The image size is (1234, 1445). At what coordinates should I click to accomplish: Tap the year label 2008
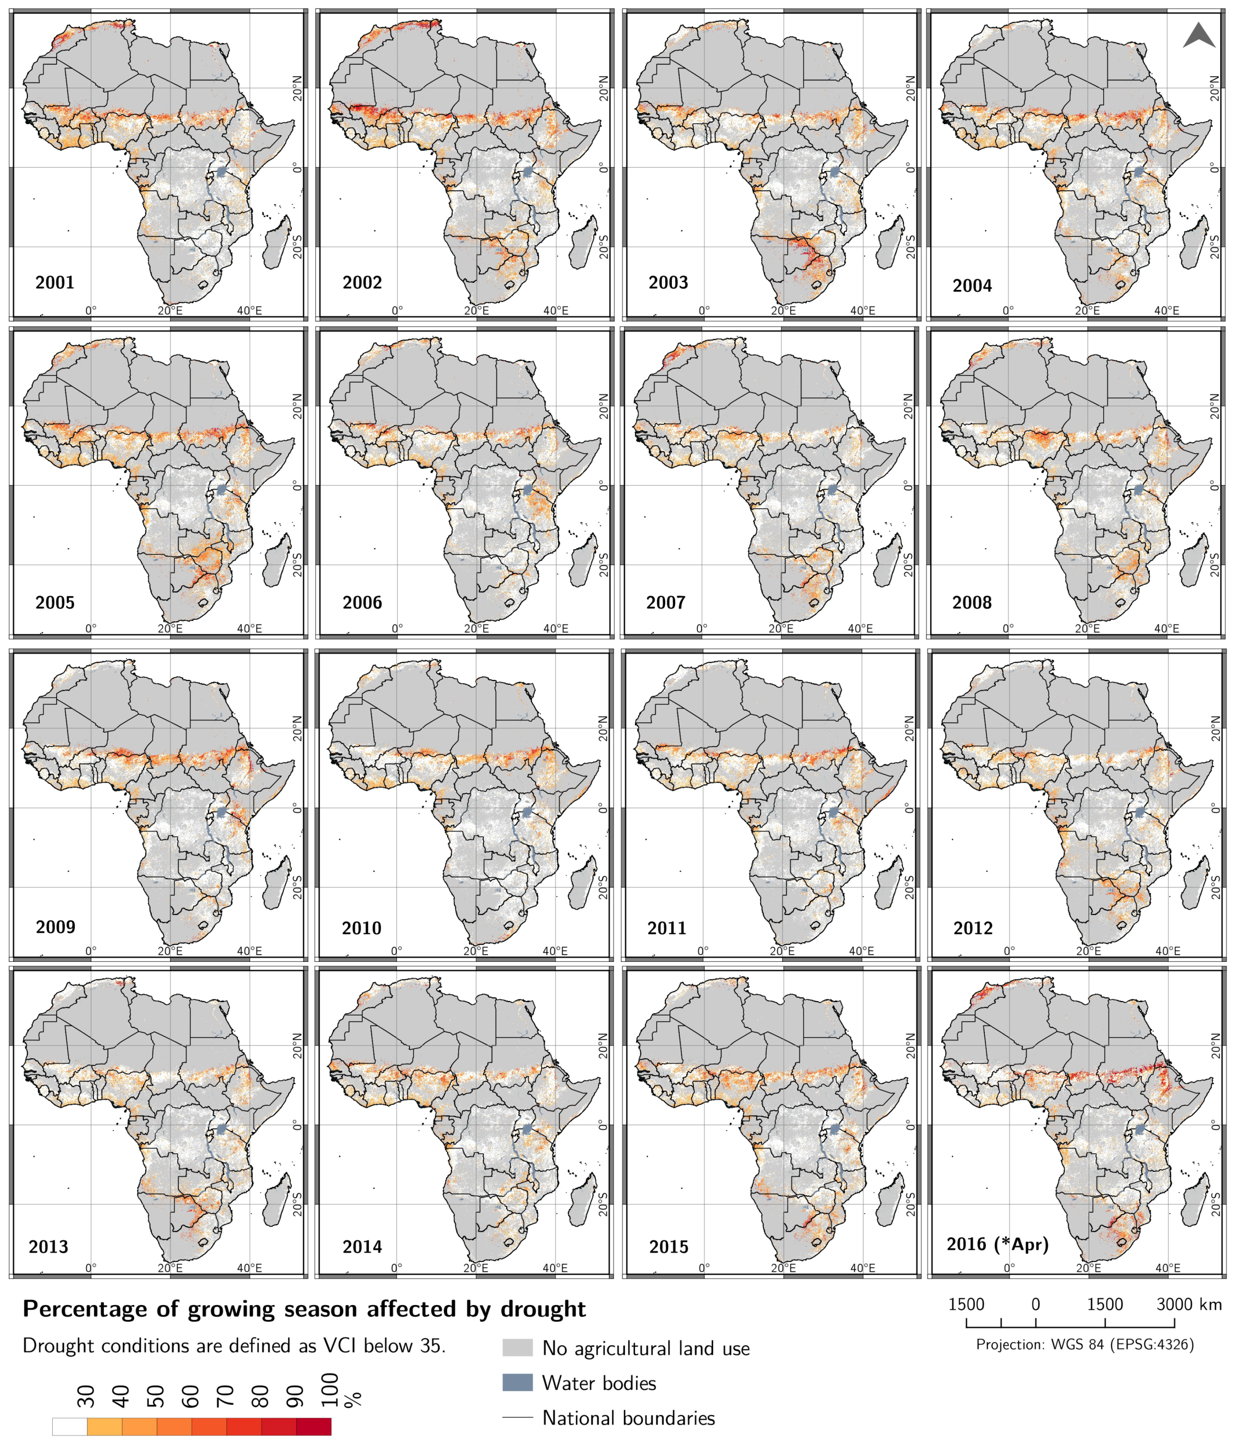click(971, 602)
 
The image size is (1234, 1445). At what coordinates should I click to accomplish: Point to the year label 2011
click(667, 928)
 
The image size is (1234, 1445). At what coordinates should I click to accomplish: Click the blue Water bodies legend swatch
click(517, 1382)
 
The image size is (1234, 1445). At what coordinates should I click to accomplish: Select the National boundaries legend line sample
click(517, 1418)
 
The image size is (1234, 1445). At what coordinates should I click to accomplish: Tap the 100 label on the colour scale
click(331, 1389)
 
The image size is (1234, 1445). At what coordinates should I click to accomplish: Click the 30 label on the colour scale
click(86, 1396)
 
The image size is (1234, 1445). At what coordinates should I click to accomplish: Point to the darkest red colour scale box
click(314, 1427)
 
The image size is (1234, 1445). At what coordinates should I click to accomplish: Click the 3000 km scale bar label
click(1188, 1304)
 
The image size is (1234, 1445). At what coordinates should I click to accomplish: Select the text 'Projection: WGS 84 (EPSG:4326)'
click(1085, 1344)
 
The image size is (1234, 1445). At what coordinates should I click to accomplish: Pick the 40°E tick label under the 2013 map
click(249, 1268)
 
